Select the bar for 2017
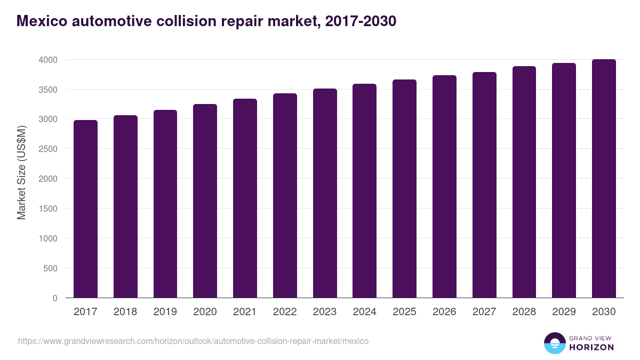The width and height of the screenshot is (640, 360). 85,209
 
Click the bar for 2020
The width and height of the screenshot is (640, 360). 205,201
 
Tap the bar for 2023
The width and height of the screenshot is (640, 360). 325,193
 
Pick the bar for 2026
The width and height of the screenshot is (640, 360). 444,187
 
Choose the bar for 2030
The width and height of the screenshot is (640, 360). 604,179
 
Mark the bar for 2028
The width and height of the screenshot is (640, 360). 524,182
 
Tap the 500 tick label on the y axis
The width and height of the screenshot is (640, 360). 50,268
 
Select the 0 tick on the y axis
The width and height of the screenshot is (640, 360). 54,298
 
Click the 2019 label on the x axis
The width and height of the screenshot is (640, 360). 165,312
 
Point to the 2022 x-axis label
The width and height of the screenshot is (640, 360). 285,312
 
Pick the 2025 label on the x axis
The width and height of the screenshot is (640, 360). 404,312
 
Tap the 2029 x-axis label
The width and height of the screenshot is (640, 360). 564,312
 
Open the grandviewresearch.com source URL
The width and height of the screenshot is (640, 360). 193,341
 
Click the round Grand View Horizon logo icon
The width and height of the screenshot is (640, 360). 554,343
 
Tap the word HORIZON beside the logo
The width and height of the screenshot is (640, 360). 591,347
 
